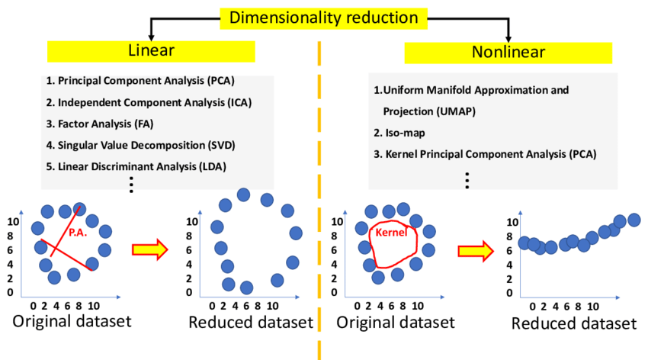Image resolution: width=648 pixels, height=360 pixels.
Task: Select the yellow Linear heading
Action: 150,51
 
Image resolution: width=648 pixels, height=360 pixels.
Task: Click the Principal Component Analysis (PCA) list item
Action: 140,80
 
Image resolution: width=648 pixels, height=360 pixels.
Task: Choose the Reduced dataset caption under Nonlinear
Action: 573,323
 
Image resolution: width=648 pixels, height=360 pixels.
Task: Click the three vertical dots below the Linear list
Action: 131,185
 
